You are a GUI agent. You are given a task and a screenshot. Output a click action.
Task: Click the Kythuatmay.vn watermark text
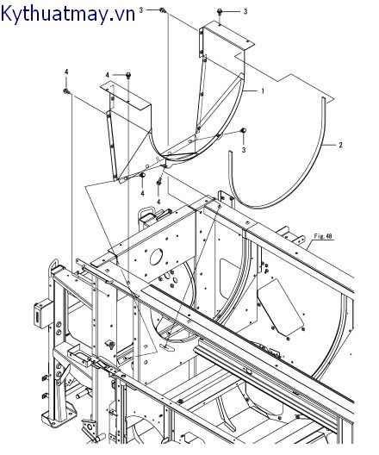[68, 14]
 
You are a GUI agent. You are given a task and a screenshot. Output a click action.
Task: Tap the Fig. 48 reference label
[323, 236]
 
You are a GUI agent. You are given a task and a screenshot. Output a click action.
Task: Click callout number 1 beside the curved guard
[263, 91]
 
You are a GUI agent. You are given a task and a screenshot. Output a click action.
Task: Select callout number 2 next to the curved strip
[340, 145]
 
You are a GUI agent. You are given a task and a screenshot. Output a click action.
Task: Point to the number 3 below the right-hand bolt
[244, 150]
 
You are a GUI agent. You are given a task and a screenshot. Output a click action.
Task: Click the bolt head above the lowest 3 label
[244, 130]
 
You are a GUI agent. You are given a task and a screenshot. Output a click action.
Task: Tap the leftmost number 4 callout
[66, 72]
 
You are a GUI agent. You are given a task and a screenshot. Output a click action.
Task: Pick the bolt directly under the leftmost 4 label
[66, 91]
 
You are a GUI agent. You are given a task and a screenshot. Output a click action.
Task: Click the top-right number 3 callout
[245, 11]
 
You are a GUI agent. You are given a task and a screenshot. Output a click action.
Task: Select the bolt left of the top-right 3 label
[220, 11]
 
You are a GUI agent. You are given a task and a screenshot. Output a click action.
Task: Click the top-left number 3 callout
[141, 10]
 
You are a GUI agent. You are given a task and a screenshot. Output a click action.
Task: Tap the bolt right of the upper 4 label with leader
[128, 75]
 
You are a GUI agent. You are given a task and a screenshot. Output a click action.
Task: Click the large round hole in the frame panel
[156, 257]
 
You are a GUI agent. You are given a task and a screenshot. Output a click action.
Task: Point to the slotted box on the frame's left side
[40, 314]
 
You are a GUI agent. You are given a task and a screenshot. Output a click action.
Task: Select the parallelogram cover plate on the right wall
[280, 306]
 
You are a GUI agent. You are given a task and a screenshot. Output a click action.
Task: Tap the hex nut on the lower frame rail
[180, 402]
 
